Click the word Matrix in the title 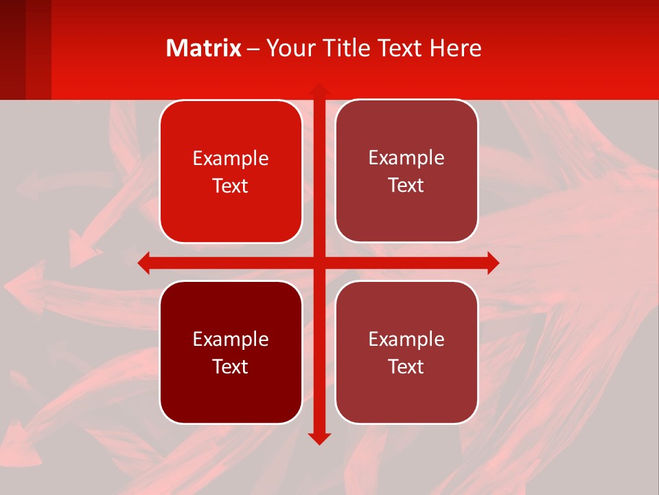click(x=203, y=48)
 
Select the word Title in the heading click(x=346, y=48)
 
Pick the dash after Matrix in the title click(x=253, y=49)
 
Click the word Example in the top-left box click(x=231, y=159)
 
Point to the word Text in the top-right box click(x=406, y=186)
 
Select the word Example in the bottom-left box click(x=231, y=340)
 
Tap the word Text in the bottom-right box click(x=406, y=366)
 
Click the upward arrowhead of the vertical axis click(x=319, y=89)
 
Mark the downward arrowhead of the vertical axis click(x=319, y=438)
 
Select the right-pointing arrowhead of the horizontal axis click(x=492, y=263)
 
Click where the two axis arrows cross click(x=319, y=263)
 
